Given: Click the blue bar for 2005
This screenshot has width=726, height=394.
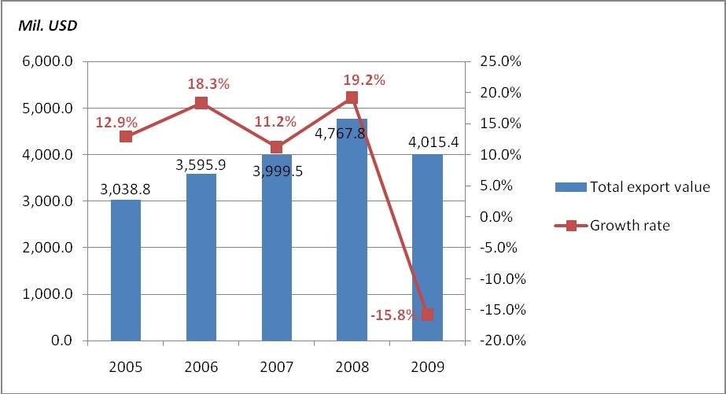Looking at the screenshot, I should pos(126,271).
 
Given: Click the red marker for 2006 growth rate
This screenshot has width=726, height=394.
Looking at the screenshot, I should pos(201,103).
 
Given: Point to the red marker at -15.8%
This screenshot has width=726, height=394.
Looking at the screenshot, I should pos(427,315).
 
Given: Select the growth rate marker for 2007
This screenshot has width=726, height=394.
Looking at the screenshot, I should pos(276,147).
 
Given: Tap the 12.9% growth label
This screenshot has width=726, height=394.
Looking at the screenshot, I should pos(116,122).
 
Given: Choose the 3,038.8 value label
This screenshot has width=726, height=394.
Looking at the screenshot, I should pos(126,189).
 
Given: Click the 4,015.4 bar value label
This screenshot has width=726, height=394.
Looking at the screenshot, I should pos(428,143).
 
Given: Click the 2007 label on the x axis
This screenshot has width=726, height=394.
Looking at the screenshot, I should pos(276,366).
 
